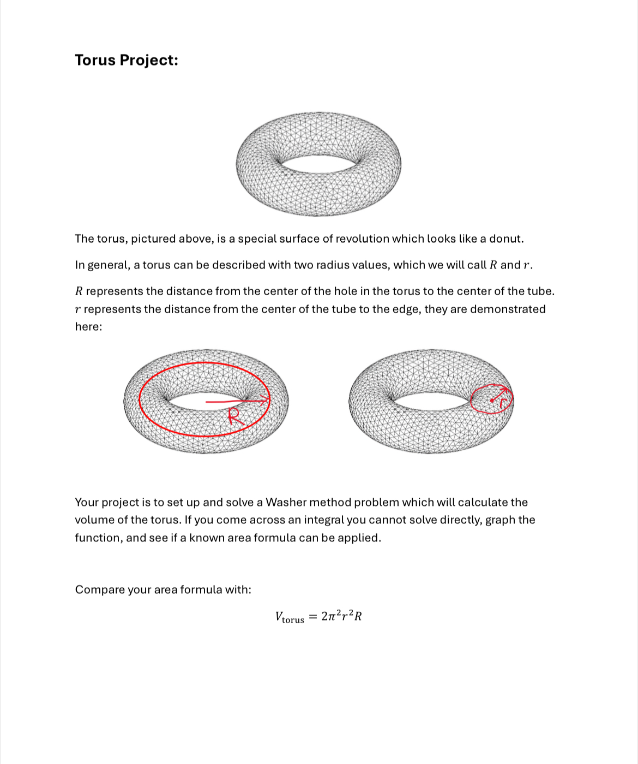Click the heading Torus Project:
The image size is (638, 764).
127,60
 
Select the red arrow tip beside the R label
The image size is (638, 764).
267,400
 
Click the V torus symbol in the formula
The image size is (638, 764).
289,617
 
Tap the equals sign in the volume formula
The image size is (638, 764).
313,617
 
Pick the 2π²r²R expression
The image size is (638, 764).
342,617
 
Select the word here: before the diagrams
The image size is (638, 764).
88,327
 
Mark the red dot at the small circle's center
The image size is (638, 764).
492,401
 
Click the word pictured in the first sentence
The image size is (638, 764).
154,239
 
